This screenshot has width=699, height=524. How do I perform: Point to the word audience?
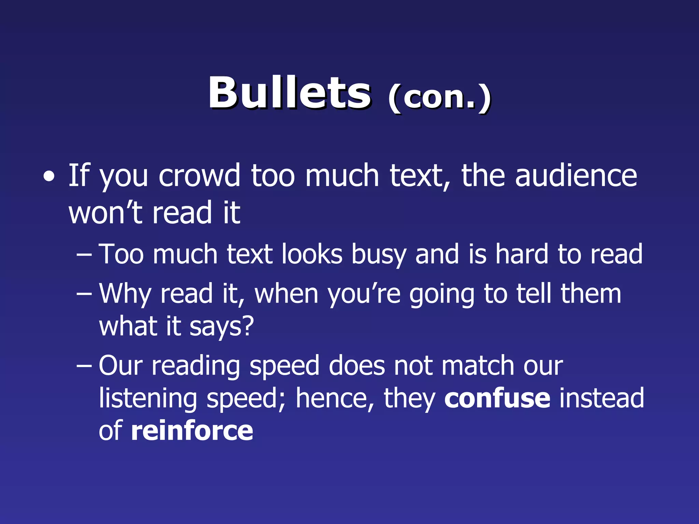pos(576,175)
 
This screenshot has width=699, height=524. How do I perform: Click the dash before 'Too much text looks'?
pos(84,255)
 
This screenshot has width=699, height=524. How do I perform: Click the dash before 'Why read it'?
pos(84,294)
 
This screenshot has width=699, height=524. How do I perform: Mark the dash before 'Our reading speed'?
pos(84,366)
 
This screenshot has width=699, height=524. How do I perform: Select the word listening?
pos(148,398)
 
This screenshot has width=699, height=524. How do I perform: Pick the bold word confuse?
pos(497,398)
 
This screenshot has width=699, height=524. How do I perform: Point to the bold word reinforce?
pos(192,431)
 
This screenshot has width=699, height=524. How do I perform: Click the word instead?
pos(601,398)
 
